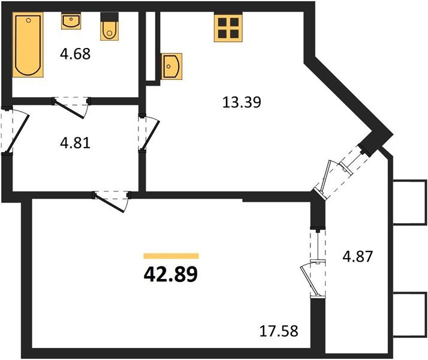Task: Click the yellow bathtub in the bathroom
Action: (x=28, y=46)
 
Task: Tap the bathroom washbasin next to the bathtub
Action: (x=70, y=22)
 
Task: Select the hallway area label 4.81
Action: (x=76, y=144)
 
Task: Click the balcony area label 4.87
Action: (x=357, y=257)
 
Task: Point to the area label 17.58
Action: (x=279, y=329)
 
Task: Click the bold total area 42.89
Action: (x=171, y=274)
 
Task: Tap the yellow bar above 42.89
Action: (x=171, y=256)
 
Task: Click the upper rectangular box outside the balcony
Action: (x=409, y=202)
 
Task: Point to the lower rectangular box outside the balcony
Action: (x=409, y=315)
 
